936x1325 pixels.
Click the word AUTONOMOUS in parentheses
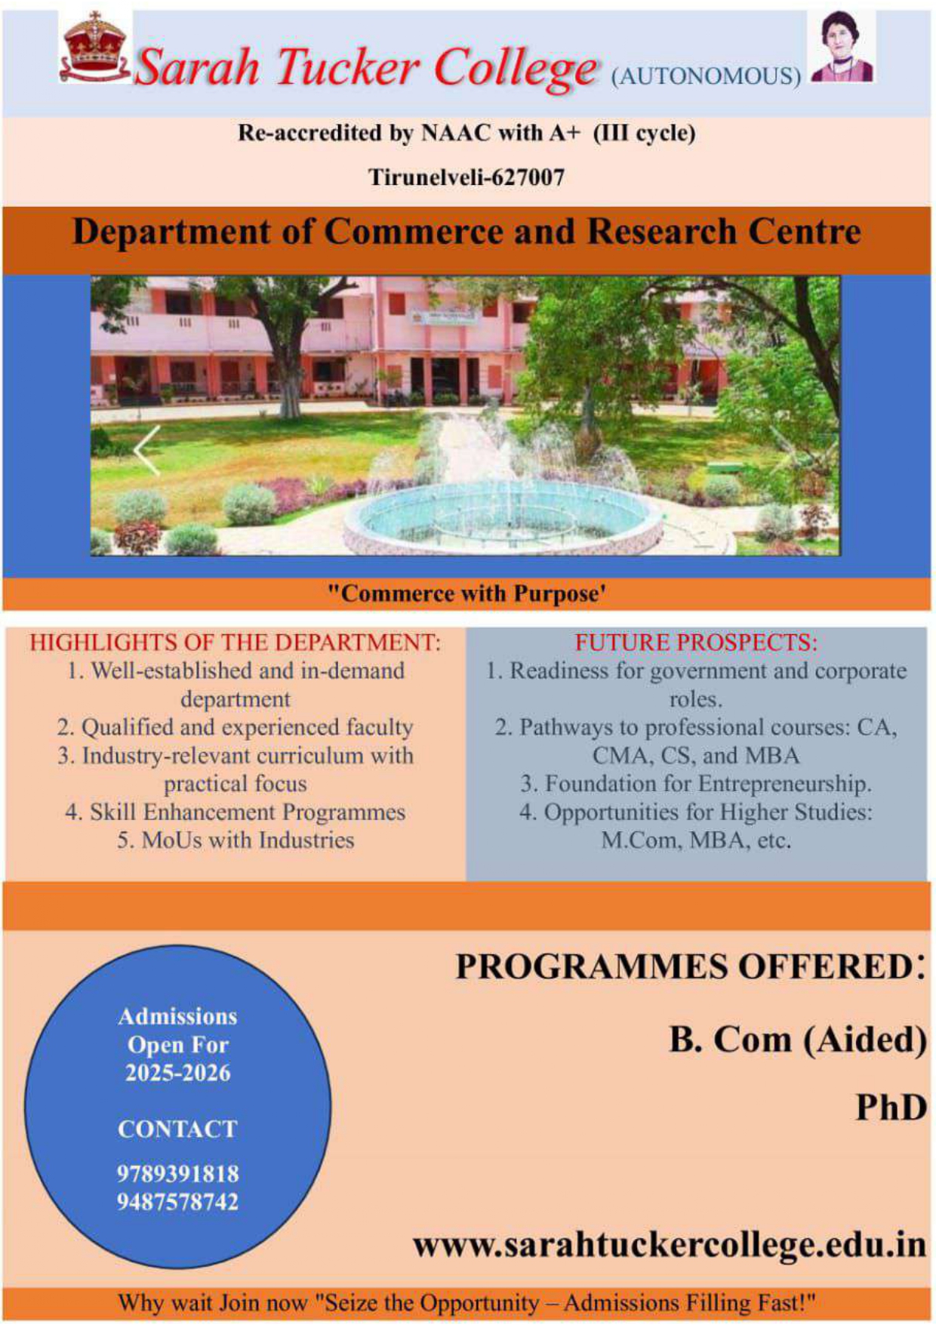point(706,76)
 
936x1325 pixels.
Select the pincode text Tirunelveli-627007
point(466,177)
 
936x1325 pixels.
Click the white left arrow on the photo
point(148,450)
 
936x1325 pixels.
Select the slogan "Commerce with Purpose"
point(466,593)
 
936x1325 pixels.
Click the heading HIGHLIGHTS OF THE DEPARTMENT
point(235,642)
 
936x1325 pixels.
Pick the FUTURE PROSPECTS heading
point(696,642)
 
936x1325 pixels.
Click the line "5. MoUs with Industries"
point(236,840)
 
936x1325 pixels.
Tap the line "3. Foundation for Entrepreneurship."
point(696,784)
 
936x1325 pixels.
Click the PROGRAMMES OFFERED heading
point(690,966)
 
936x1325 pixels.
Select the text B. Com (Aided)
point(798,1040)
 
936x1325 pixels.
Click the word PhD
point(891,1108)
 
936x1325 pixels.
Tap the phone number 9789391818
point(177,1174)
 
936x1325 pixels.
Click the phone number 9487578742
point(177,1201)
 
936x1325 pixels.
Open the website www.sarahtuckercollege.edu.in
point(670,1244)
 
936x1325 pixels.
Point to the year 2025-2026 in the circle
point(177,1073)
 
